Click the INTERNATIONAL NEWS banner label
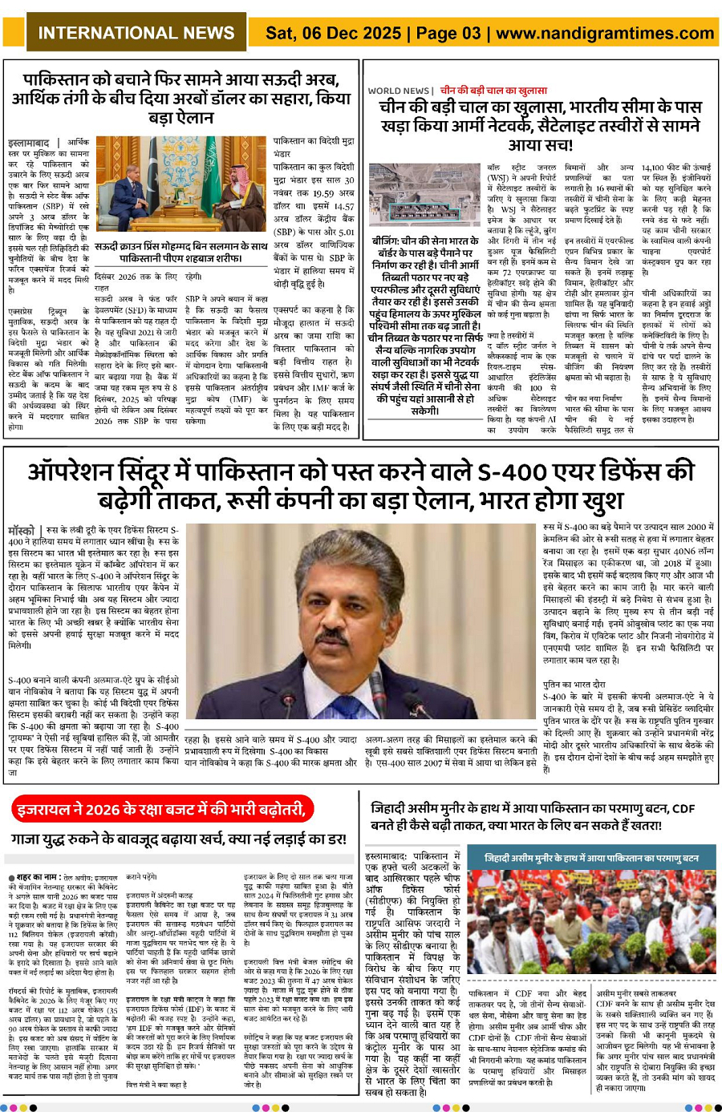click(136, 33)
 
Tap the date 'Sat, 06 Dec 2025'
click(334, 33)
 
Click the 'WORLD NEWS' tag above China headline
click(399, 91)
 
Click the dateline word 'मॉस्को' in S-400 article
click(21, 531)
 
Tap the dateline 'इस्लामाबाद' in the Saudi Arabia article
click(28, 142)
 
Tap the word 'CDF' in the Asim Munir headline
click(683, 809)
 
